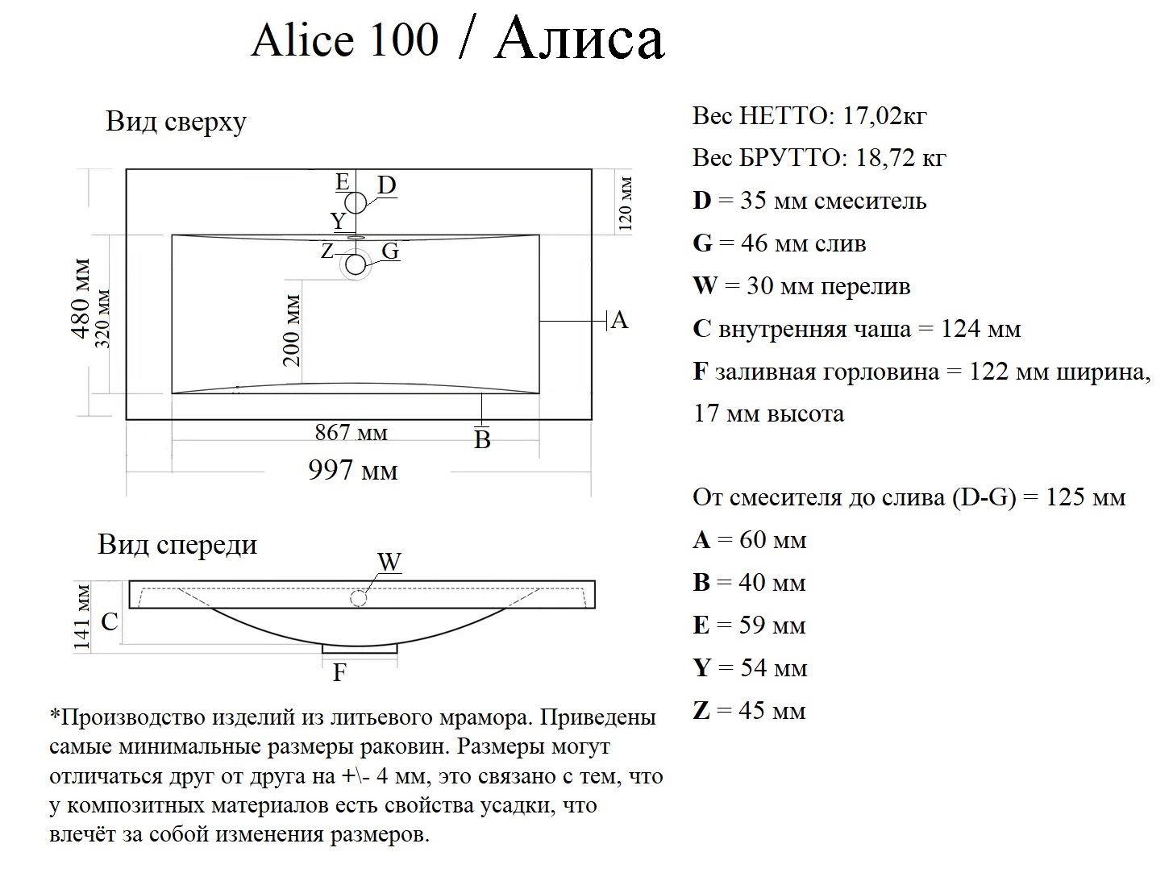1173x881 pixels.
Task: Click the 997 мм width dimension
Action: click(353, 470)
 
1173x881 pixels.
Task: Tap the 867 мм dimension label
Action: click(351, 433)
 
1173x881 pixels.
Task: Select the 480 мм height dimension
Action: click(81, 298)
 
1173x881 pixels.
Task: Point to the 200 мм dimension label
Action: click(292, 330)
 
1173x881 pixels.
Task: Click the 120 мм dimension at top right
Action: click(626, 204)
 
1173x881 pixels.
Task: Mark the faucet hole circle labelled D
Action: click(356, 202)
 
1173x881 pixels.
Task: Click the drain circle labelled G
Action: click(356, 264)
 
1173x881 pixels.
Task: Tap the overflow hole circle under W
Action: click(359, 599)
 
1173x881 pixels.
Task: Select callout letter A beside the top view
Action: click(619, 321)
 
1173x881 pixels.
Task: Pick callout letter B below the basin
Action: click(482, 440)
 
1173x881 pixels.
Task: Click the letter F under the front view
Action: click(339, 672)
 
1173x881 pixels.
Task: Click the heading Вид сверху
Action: click(176, 122)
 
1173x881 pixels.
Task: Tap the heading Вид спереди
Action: click(177, 544)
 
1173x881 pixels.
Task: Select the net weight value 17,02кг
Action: click(884, 116)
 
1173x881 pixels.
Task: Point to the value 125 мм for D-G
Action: click(1085, 497)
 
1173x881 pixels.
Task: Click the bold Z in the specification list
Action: click(701, 711)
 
